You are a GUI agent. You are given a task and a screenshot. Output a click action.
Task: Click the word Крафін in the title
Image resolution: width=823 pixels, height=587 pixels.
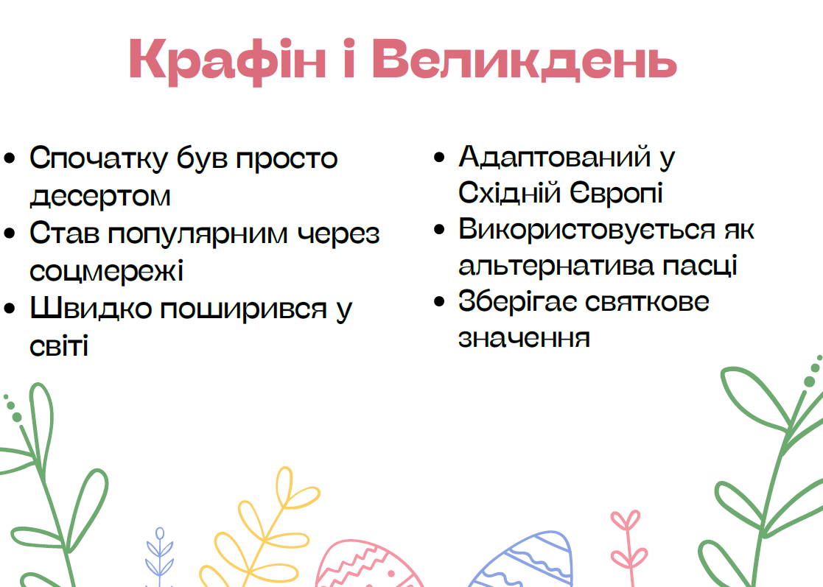pyautogui.click(x=228, y=61)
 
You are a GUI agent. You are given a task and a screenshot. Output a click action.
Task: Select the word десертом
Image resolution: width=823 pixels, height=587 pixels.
pyautogui.click(x=100, y=197)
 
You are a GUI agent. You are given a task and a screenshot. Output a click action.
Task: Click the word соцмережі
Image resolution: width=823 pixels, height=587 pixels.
pyautogui.click(x=107, y=271)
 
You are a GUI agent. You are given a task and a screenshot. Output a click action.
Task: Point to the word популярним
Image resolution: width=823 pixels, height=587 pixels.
pyautogui.click(x=198, y=234)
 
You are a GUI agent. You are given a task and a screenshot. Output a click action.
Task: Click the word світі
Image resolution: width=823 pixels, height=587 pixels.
pyautogui.click(x=59, y=345)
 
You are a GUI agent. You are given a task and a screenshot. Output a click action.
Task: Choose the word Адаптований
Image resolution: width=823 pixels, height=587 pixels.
pyautogui.click(x=555, y=157)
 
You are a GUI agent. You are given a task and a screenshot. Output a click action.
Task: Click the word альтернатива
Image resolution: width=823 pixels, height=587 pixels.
pyautogui.click(x=556, y=265)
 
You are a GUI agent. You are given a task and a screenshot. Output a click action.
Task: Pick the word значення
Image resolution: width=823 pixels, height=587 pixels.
pyautogui.click(x=525, y=338)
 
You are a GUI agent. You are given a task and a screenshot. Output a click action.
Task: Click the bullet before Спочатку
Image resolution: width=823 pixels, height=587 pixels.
pyautogui.click(x=10, y=158)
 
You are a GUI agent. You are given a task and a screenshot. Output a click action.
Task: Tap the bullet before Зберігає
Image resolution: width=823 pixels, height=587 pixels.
pyautogui.click(x=439, y=302)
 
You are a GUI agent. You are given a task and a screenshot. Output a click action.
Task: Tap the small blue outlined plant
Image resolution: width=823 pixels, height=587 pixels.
pyautogui.click(x=160, y=557)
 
